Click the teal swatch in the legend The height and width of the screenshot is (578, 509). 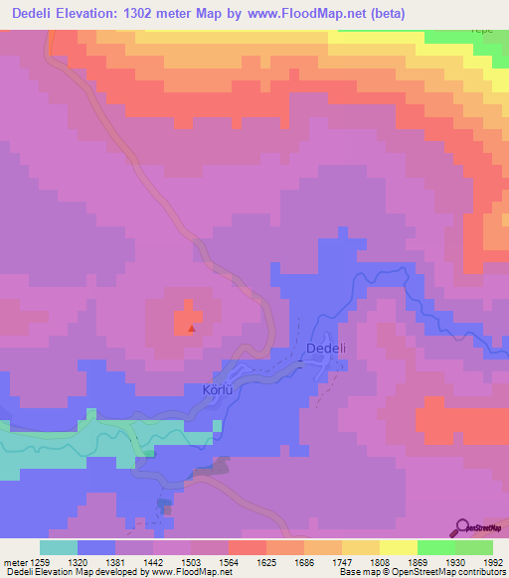(x=59, y=547)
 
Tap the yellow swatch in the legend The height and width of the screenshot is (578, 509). (x=399, y=547)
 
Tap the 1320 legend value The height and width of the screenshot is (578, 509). (x=79, y=561)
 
